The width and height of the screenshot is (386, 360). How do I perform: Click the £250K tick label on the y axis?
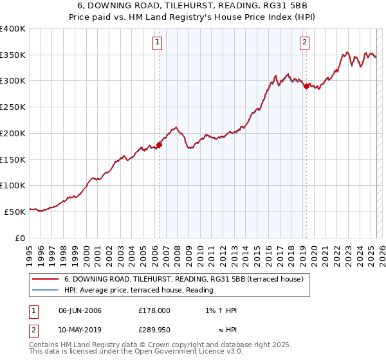[x=12, y=107]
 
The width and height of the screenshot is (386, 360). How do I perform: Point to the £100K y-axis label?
[x=12, y=186]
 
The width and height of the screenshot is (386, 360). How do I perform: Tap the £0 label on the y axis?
[x=20, y=238]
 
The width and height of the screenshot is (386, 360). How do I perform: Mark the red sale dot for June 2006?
[x=159, y=145]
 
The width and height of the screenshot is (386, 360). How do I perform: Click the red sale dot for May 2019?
[x=306, y=86]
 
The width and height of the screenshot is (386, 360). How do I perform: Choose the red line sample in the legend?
[x=45, y=279]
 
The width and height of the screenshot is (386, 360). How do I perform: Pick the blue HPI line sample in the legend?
[x=45, y=290]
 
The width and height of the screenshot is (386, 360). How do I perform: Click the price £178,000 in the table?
[x=154, y=310]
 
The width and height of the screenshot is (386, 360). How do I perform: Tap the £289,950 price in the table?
[x=154, y=328]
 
